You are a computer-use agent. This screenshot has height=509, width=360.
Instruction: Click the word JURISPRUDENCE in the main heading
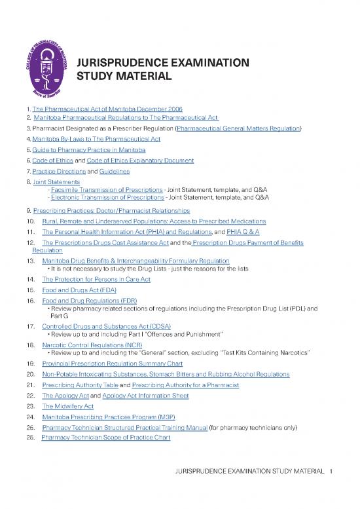tap(120, 64)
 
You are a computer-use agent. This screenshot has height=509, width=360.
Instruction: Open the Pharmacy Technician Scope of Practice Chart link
tap(105, 438)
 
